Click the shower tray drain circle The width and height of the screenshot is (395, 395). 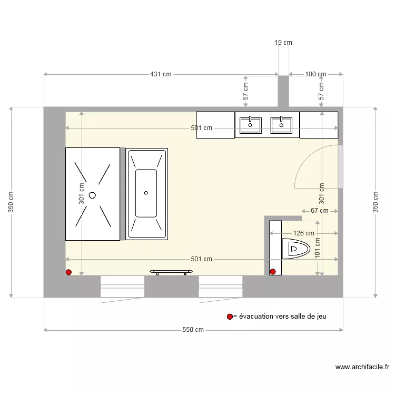tap(92, 195)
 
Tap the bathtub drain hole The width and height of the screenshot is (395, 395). tap(146, 193)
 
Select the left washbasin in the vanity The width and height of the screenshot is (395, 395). tap(250, 125)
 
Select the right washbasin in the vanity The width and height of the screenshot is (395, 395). tap(281, 125)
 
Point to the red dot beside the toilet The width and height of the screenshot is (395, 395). tap(273, 272)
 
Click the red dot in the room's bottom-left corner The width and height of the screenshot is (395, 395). tap(68, 272)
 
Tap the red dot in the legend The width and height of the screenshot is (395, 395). tap(230, 317)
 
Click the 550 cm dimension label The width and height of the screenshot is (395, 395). tap(193, 330)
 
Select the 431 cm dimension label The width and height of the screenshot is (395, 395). tap(161, 74)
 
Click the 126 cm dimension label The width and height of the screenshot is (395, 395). tap(304, 233)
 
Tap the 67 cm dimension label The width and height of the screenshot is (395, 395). tap(319, 211)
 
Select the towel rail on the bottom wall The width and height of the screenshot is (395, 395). tap(170, 271)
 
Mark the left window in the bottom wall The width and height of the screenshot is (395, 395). tap(122, 287)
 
